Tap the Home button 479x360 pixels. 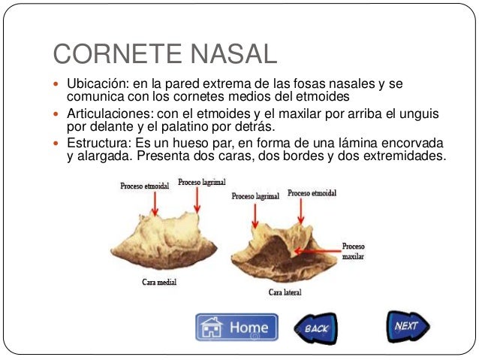tap(236, 328)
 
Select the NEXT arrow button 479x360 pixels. tap(408, 326)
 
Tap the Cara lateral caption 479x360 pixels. tap(285, 292)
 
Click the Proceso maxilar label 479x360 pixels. tap(354, 251)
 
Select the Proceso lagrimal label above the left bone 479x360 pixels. tap(201, 182)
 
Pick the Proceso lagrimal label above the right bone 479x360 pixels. tap(255, 196)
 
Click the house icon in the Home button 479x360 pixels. tap(212, 328)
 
